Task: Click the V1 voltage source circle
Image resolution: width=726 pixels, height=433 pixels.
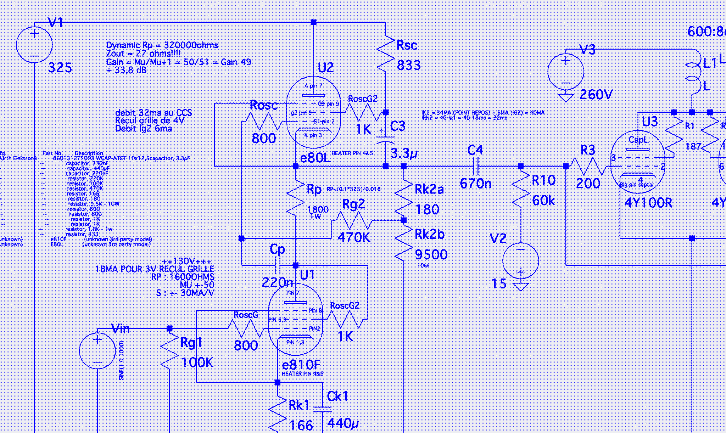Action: click(34, 45)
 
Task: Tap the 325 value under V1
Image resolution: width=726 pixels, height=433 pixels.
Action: click(60, 67)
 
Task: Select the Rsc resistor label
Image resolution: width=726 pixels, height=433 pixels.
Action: click(407, 45)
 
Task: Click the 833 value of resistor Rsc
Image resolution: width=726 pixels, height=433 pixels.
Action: click(408, 65)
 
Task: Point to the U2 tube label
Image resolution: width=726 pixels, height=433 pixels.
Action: click(325, 67)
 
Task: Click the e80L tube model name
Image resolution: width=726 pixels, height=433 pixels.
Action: click(315, 158)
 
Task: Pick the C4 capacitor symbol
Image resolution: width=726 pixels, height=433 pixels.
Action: click(476, 166)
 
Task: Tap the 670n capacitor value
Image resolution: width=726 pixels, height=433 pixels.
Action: click(475, 184)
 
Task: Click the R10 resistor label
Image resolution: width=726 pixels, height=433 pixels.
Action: click(543, 180)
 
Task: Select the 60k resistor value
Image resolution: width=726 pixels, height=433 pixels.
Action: click(543, 201)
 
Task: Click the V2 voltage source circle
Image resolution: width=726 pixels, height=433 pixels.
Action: click(520, 261)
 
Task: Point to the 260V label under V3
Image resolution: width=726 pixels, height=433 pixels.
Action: click(596, 95)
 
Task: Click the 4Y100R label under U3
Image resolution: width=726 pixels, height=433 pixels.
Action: click(648, 203)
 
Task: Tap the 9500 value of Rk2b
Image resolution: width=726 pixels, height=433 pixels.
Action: click(431, 254)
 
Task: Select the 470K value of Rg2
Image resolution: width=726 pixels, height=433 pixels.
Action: click(353, 237)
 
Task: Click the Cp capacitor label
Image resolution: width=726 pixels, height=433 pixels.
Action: click(277, 249)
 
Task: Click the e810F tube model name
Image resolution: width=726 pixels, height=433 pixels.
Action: click(301, 365)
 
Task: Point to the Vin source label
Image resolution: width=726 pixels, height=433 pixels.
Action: click(120, 329)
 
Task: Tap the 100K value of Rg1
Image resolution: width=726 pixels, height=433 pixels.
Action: click(197, 362)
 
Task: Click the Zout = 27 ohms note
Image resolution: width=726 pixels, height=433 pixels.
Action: click(143, 54)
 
